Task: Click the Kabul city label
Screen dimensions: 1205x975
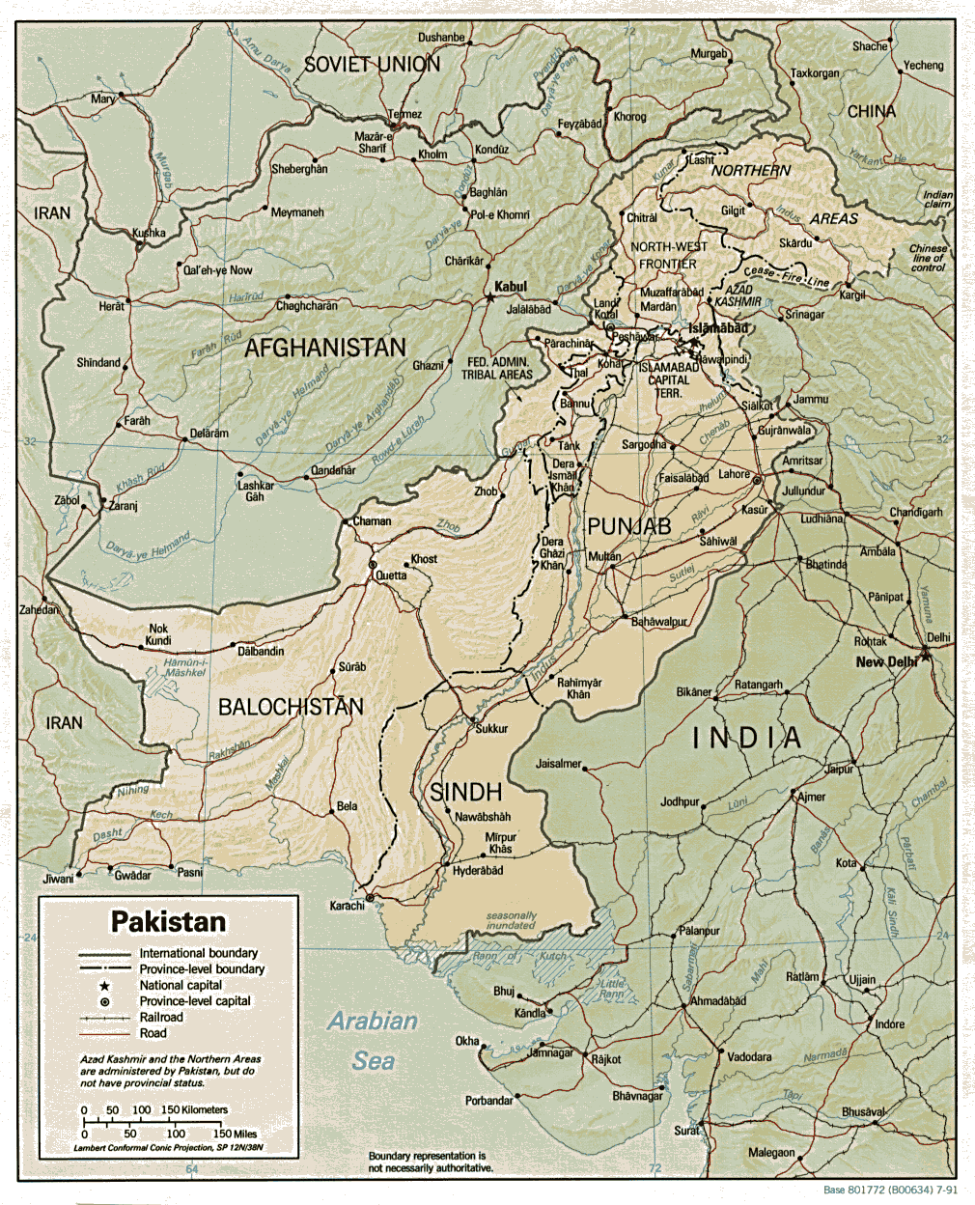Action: tap(511, 287)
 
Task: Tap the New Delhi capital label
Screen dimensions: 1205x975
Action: tap(885, 662)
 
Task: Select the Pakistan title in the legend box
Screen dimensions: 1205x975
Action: tap(168, 921)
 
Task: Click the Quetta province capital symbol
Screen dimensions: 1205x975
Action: tap(373, 565)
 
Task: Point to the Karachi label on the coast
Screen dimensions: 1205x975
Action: tap(347, 906)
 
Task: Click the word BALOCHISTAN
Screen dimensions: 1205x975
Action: tap(291, 707)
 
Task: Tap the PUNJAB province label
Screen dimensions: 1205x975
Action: tap(628, 526)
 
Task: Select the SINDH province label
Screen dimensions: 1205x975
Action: tap(465, 792)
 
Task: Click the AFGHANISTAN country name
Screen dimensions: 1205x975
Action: tap(324, 348)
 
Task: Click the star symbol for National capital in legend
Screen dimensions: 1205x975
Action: tap(103, 986)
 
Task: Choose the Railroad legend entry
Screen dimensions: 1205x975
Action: tap(161, 1017)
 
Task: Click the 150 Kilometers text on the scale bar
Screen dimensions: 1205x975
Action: tap(194, 1109)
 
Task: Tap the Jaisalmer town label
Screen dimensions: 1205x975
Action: tap(558, 764)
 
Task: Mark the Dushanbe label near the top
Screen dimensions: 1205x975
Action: tap(440, 38)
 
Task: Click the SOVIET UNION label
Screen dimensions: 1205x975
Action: tap(372, 65)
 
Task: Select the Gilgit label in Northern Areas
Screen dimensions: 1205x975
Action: tap(733, 210)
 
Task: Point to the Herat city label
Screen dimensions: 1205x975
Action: tap(111, 306)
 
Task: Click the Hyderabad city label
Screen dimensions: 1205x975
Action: tap(478, 871)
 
